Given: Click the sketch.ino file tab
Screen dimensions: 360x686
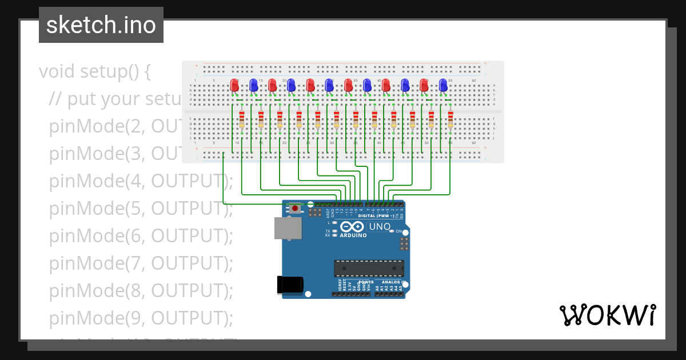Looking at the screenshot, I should [x=101, y=25].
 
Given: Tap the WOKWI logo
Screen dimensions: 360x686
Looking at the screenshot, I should [x=607, y=315].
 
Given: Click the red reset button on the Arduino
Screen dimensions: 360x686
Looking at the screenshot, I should [x=295, y=208].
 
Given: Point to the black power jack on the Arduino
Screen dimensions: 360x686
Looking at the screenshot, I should [x=289, y=285].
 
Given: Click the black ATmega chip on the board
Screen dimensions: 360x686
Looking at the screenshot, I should [x=369, y=269].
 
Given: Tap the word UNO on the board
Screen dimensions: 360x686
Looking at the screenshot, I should [x=380, y=227].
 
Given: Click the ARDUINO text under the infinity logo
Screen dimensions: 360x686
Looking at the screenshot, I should [x=354, y=235].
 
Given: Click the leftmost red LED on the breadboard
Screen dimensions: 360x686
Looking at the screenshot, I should [x=234, y=86].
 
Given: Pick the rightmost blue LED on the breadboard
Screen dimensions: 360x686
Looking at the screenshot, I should [x=443, y=86].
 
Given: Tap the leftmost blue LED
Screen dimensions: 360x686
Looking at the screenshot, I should [x=253, y=86].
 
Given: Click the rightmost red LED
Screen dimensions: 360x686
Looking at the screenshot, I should [x=424, y=86].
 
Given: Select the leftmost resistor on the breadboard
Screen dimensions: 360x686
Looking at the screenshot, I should [x=242, y=119].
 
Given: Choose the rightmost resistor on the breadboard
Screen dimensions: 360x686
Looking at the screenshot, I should [x=450, y=119].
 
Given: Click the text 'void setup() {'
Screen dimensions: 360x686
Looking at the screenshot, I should [x=95, y=72].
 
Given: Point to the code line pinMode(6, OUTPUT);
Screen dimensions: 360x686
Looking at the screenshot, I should [x=141, y=235].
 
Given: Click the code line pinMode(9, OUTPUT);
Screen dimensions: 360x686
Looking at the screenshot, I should [x=141, y=317].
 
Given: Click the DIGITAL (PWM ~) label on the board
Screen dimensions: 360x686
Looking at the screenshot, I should [x=377, y=216].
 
